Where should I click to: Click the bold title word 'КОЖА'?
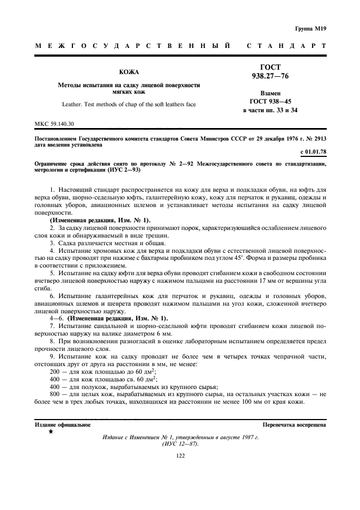[129, 72]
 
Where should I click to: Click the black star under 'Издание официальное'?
[51, 432]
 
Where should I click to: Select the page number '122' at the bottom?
[180, 456]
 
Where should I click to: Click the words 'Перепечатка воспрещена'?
[294, 423]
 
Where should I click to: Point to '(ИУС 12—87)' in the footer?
[180, 444]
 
